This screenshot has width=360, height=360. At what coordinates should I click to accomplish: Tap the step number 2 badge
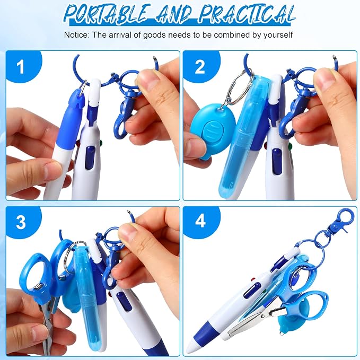click(x=200, y=67)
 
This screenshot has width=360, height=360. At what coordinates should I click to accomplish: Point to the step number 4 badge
click(x=200, y=221)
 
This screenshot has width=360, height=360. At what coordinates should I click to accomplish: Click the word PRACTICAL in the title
click(x=248, y=14)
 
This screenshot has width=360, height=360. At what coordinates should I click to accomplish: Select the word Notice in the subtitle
click(x=76, y=35)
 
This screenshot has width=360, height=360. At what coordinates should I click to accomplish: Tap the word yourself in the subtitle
click(x=278, y=35)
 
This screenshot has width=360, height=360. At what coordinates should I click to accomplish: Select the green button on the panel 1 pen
click(x=100, y=143)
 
